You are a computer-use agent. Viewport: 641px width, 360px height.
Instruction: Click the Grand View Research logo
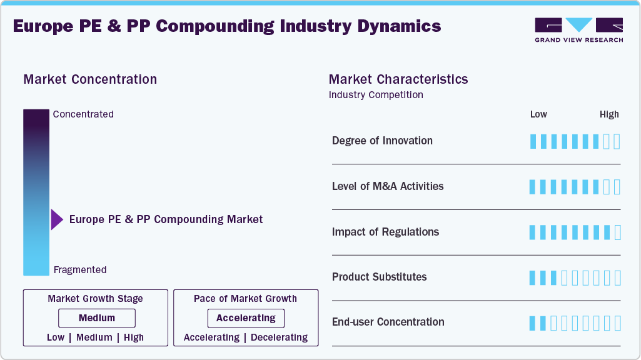coord(578,30)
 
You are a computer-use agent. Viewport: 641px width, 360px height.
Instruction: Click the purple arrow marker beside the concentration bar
coord(57,219)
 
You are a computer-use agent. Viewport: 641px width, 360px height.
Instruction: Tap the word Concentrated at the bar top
coord(83,114)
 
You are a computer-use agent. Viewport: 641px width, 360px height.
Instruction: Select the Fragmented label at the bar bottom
coord(80,270)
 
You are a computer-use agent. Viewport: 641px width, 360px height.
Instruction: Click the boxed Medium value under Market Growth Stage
coord(96,318)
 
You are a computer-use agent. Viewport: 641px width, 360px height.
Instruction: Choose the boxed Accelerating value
coord(246,318)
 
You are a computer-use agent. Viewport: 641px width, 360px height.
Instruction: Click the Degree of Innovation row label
coord(382,141)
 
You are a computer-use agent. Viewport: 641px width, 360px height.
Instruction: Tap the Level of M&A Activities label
coord(388,186)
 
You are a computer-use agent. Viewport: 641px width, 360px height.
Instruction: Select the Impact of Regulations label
coord(385,232)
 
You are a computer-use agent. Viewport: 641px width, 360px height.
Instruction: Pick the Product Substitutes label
coord(379,277)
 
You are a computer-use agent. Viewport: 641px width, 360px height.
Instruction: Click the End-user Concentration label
coord(388,322)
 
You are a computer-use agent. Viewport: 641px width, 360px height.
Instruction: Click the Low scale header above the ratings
coord(538,114)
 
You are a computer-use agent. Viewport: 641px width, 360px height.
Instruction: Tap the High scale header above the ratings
coord(609,114)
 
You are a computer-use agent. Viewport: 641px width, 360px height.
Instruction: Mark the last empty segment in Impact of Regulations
coord(617,232)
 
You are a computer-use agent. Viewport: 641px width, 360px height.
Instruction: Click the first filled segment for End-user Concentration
coord(533,323)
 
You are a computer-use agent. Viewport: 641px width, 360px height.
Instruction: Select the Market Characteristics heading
coord(398,79)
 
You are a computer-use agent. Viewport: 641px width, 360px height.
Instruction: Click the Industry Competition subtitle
coord(376,95)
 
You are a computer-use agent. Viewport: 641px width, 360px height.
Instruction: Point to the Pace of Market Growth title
coord(245,299)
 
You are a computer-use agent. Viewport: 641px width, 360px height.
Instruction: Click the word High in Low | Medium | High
coord(134,337)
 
